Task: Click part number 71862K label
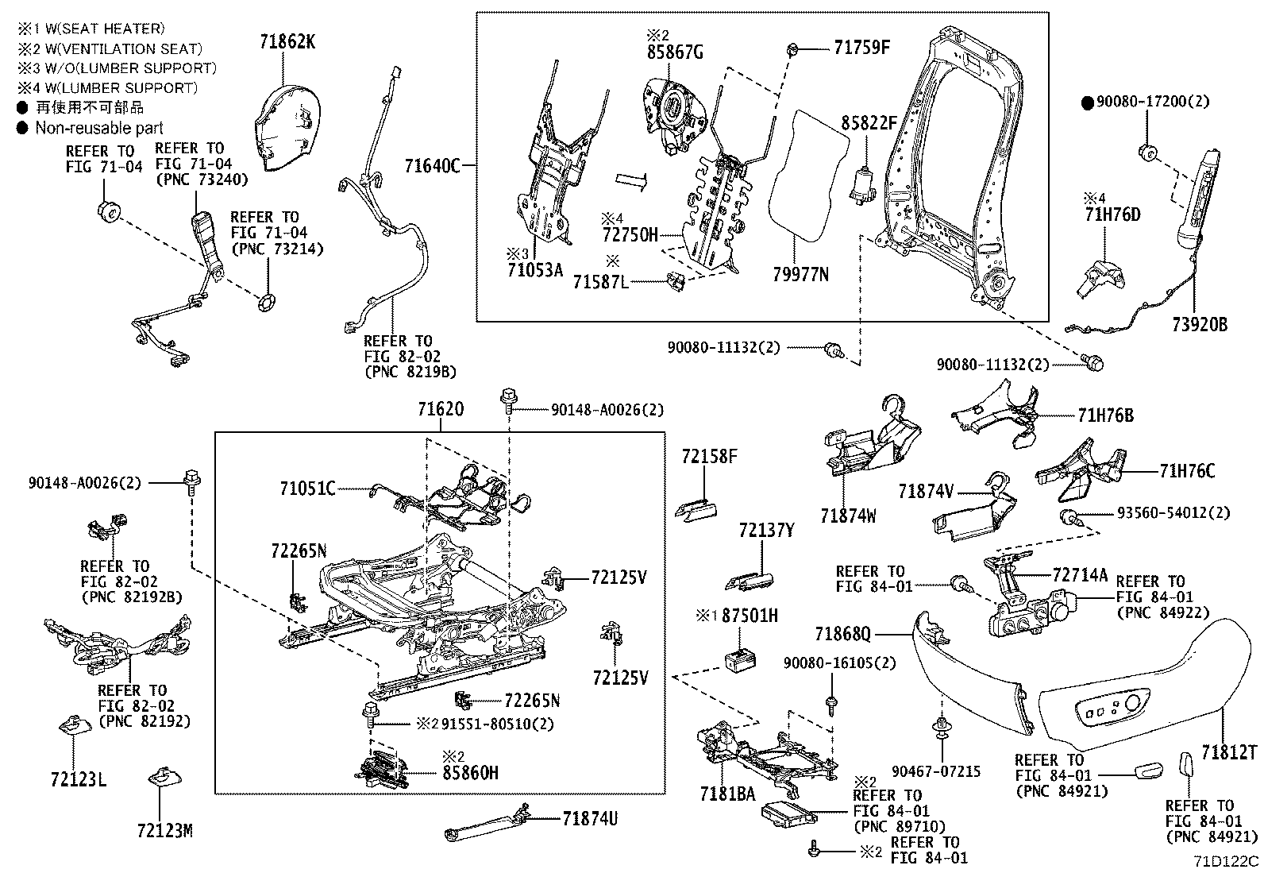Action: click(287, 42)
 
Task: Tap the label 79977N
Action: click(800, 275)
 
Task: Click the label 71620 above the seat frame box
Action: click(441, 410)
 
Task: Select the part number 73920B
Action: click(1198, 324)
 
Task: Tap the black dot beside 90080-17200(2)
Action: click(1087, 102)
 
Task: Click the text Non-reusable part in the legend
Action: click(98, 128)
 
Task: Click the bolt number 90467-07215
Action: click(936, 771)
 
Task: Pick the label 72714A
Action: click(1079, 574)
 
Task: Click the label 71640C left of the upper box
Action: click(432, 166)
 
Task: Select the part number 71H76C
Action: click(1186, 471)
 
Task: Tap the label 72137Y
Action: click(765, 530)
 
